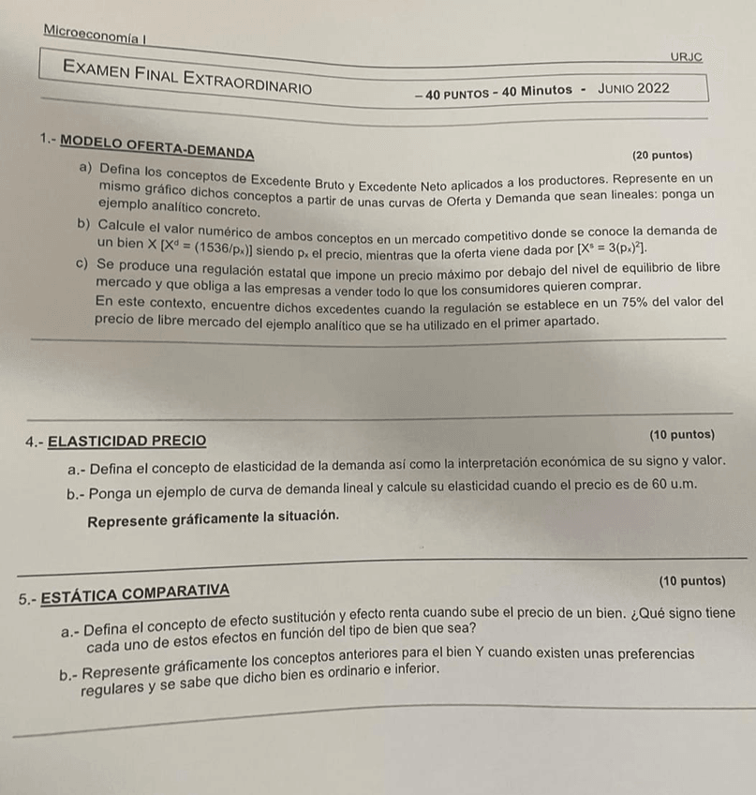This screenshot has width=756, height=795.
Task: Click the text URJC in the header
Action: [687, 57]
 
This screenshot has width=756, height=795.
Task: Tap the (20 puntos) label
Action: [662, 155]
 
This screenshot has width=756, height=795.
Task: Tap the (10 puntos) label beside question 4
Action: [680, 434]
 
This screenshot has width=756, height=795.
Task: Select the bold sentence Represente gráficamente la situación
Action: [213, 516]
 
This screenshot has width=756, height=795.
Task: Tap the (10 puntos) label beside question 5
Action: [691, 581]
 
